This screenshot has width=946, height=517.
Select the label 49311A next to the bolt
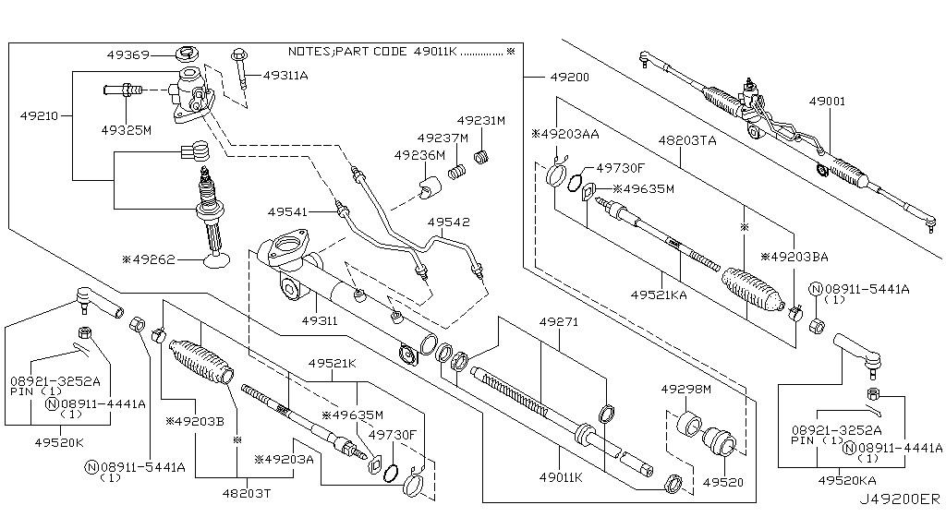point(285,75)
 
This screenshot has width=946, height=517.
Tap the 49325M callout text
point(126,130)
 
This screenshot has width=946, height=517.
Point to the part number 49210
point(41,116)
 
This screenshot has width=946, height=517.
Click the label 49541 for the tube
point(290,211)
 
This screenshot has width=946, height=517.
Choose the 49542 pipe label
point(448,223)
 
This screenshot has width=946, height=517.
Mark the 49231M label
point(482,121)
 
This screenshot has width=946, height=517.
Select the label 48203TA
point(687,139)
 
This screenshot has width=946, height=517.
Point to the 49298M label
point(685,390)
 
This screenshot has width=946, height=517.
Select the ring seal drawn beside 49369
point(191,53)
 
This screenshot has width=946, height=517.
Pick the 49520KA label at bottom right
point(844,481)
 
